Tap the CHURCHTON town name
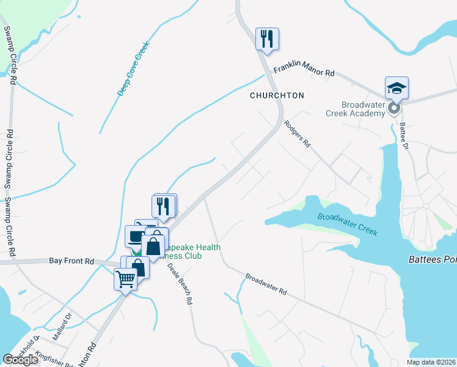click(x=277, y=96)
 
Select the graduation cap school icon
click(x=397, y=88)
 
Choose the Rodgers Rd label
click(x=298, y=134)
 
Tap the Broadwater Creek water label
click(x=348, y=224)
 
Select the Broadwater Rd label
click(x=266, y=284)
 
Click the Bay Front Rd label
click(x=71, y=261)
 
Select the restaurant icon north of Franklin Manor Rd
click(x=267, y=39)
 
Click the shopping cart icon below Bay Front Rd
click(x=125, y=280)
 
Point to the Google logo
click(x=21, y=359)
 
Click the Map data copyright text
click(x=431, y=362)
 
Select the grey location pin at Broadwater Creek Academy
click(x=394, y=109)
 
